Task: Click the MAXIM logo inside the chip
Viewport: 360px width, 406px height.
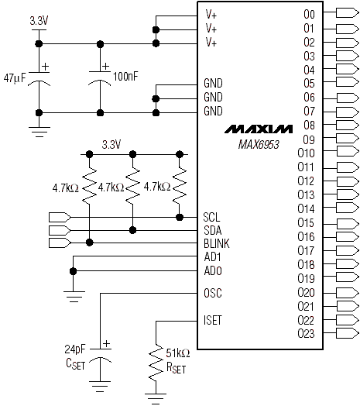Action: (x=259, y=129)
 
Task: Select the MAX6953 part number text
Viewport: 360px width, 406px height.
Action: (x=259, y=144)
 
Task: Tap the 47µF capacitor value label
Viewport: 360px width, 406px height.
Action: (x=15, y=78)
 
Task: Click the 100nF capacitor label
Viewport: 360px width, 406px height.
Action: (x=125, y=77)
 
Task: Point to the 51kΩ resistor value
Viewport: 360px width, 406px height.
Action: (x=178, y=353)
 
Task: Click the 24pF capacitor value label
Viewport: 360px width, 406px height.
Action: (x=75, y=349)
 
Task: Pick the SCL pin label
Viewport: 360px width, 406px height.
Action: (x=211, y=217)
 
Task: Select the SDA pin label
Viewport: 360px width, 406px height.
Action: (x=212, y=230)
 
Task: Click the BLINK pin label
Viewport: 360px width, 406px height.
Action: (x=217, y=243)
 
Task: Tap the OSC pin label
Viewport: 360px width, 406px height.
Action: (x=213, y=293)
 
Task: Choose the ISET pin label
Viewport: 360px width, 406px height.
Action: (x=213, y=320)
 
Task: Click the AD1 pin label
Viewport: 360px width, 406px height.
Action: (x=212, y=257)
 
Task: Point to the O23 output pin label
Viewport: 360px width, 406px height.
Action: (x=306, y=333)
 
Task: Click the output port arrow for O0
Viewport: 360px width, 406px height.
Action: (x=348, y=12)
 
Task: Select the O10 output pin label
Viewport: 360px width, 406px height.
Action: (x=306, y=153)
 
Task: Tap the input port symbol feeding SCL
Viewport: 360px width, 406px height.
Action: (x=60, y=217)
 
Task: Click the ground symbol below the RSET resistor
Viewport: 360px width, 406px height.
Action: (x=156, y=398)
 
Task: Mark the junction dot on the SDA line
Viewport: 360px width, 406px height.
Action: (x=132, y=230)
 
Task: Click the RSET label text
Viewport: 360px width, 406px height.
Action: (x=176, y=368)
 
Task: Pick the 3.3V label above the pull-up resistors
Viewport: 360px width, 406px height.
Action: (x=111, y=144)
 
